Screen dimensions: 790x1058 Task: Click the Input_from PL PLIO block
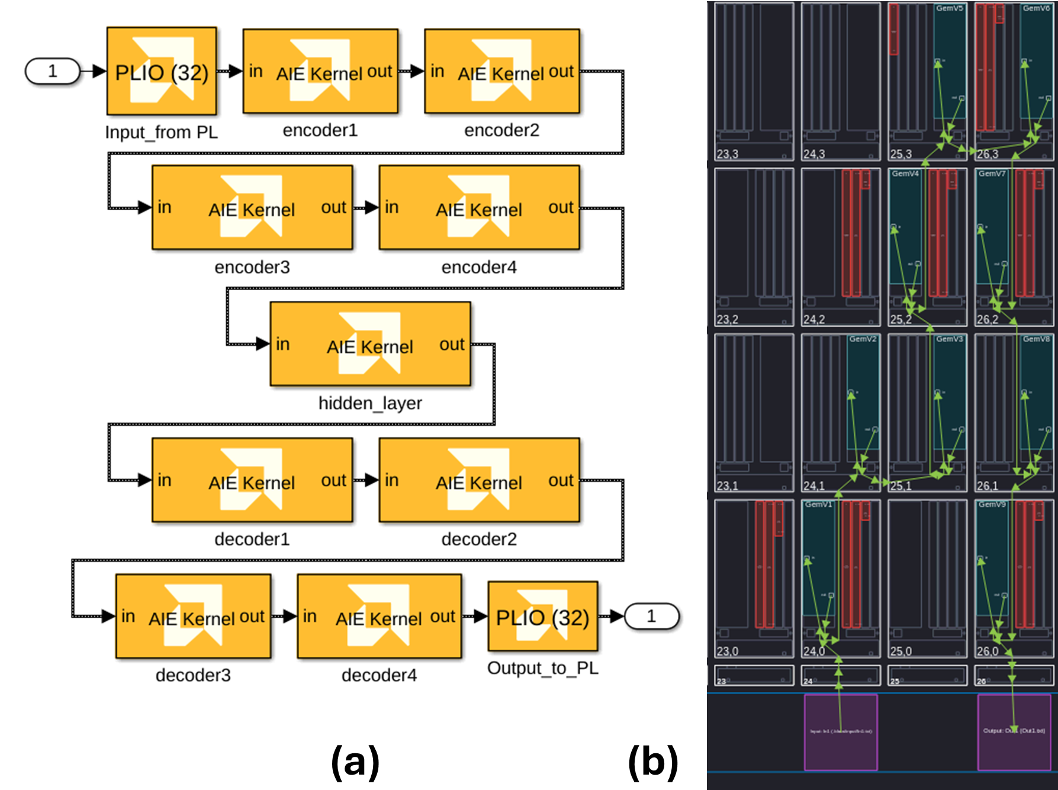click(x=161, y=71)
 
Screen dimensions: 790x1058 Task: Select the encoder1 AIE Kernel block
click(x=320, y=71)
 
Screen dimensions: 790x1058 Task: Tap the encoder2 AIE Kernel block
click(x=501, y=71)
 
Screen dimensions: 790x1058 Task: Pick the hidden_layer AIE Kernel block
click(x=370, y=344)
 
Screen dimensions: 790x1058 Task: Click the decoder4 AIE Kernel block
click(x=379, y=616)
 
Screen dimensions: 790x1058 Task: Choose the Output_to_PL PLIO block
click(x=542, y=616)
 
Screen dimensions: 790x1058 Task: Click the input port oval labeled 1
click(x=52, y=71)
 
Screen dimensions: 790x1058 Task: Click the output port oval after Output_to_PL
click(x=651, y=616)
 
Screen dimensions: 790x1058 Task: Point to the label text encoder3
click(x=252, y=268)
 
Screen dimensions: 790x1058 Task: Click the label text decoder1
click(x=252, y=539)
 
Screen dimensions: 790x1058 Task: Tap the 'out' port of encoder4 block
click(x=560, y=208)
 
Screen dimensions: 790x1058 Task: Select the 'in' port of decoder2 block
click(x=392, y=480)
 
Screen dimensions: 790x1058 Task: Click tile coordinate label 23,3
click(x=728, y=155)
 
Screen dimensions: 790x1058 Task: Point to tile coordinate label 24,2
click(x=814, y=320)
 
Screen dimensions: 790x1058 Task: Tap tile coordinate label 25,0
click(x=901, y=651)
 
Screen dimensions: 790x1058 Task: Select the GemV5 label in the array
click(x=949, y=8)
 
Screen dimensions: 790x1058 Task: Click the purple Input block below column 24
click(x=841, y=732)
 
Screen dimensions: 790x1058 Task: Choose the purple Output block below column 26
click(x=1014, y=732)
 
